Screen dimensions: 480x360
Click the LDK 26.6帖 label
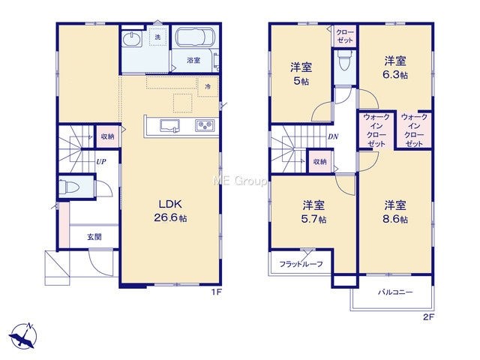click(x=170, y=211)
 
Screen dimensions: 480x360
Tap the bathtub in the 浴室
click(x=195, y=37)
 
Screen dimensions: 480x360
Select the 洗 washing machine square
click(x=158, y=37)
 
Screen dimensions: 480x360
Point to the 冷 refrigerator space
click(x=208, y=87)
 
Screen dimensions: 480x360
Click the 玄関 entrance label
click(x=94, y=237)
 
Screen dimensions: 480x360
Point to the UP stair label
click(x=101, y=161)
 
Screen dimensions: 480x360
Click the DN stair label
click(x=333, y=136)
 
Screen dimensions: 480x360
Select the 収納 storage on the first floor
click(x=107, y=136)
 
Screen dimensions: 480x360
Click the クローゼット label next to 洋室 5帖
click(x=345, y=36)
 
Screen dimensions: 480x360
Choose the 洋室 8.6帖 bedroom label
click(x=395, y=211)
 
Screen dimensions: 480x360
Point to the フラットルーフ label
click(x=301, y=264)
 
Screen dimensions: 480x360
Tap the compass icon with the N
click(x=23, y=336)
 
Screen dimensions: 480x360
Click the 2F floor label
click(x=429, y=317)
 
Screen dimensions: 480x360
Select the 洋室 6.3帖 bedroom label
click(x=395, y=67)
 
